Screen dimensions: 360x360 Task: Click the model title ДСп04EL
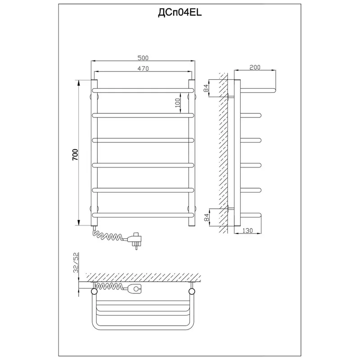pos(180,13)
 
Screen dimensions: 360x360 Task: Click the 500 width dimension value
pos(143,58)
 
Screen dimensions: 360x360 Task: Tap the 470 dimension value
pos(143,68)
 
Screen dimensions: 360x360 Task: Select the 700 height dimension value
pos(75,154)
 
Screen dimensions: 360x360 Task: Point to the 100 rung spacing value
pos(177,103)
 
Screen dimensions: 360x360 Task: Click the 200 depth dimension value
pos(255,67)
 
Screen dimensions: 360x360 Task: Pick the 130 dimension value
pos(247,230)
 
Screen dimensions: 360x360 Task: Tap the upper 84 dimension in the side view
pos(206,88)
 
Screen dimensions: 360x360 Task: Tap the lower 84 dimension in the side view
pos(206,217)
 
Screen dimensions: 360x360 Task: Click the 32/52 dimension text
pos(76,262)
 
